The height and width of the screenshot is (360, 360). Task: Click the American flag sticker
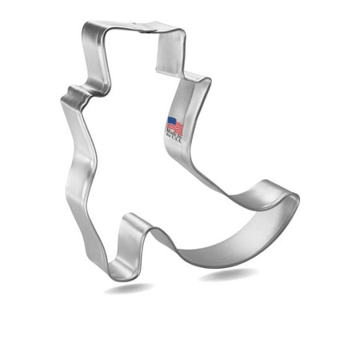174,128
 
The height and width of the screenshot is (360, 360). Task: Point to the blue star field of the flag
170,122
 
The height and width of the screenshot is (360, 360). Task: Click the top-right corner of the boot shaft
181,34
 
